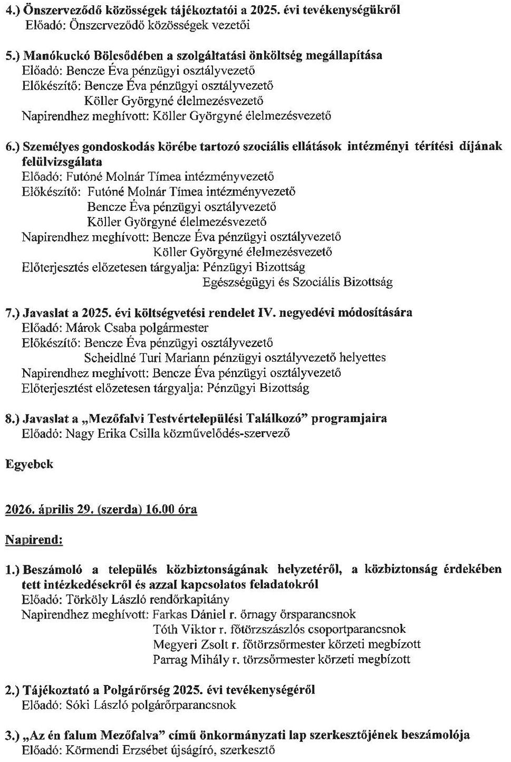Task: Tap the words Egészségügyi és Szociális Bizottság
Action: pyautogui.click(x=297, y=282)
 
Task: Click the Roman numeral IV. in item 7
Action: pyautogui.click(x=266, y=313)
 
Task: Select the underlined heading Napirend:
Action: pyautogui.click(x=34, y=541)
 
